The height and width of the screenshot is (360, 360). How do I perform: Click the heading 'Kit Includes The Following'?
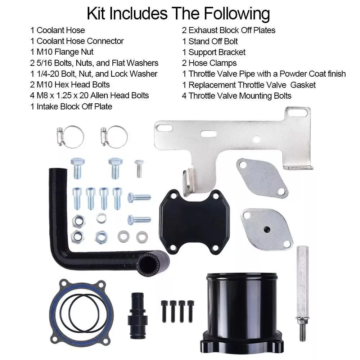[178, 14]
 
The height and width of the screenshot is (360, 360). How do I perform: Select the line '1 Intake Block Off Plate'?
[71, 106]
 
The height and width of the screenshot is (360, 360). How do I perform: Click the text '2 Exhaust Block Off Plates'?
[229, 30]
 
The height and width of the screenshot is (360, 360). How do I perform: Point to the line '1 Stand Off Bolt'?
[210, 41]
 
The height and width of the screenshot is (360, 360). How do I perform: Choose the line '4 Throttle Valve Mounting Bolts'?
[237, 95]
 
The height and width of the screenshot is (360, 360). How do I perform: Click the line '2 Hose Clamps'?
[209, 63]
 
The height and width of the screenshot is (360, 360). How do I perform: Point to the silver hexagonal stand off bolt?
[302, 277]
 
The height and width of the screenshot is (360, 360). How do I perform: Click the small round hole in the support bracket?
[256, 139]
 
